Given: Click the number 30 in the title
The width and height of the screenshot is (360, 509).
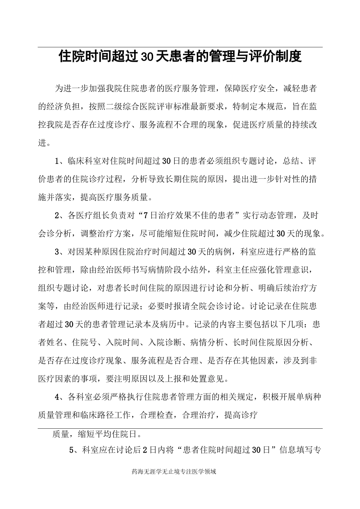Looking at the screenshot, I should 146,57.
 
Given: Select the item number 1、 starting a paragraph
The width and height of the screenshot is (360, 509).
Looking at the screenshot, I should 60,161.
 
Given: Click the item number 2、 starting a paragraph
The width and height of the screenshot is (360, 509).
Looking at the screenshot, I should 60,216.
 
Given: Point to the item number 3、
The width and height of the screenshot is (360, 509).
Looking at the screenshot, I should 60,252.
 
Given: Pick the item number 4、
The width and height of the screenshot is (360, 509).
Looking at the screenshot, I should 60,397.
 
